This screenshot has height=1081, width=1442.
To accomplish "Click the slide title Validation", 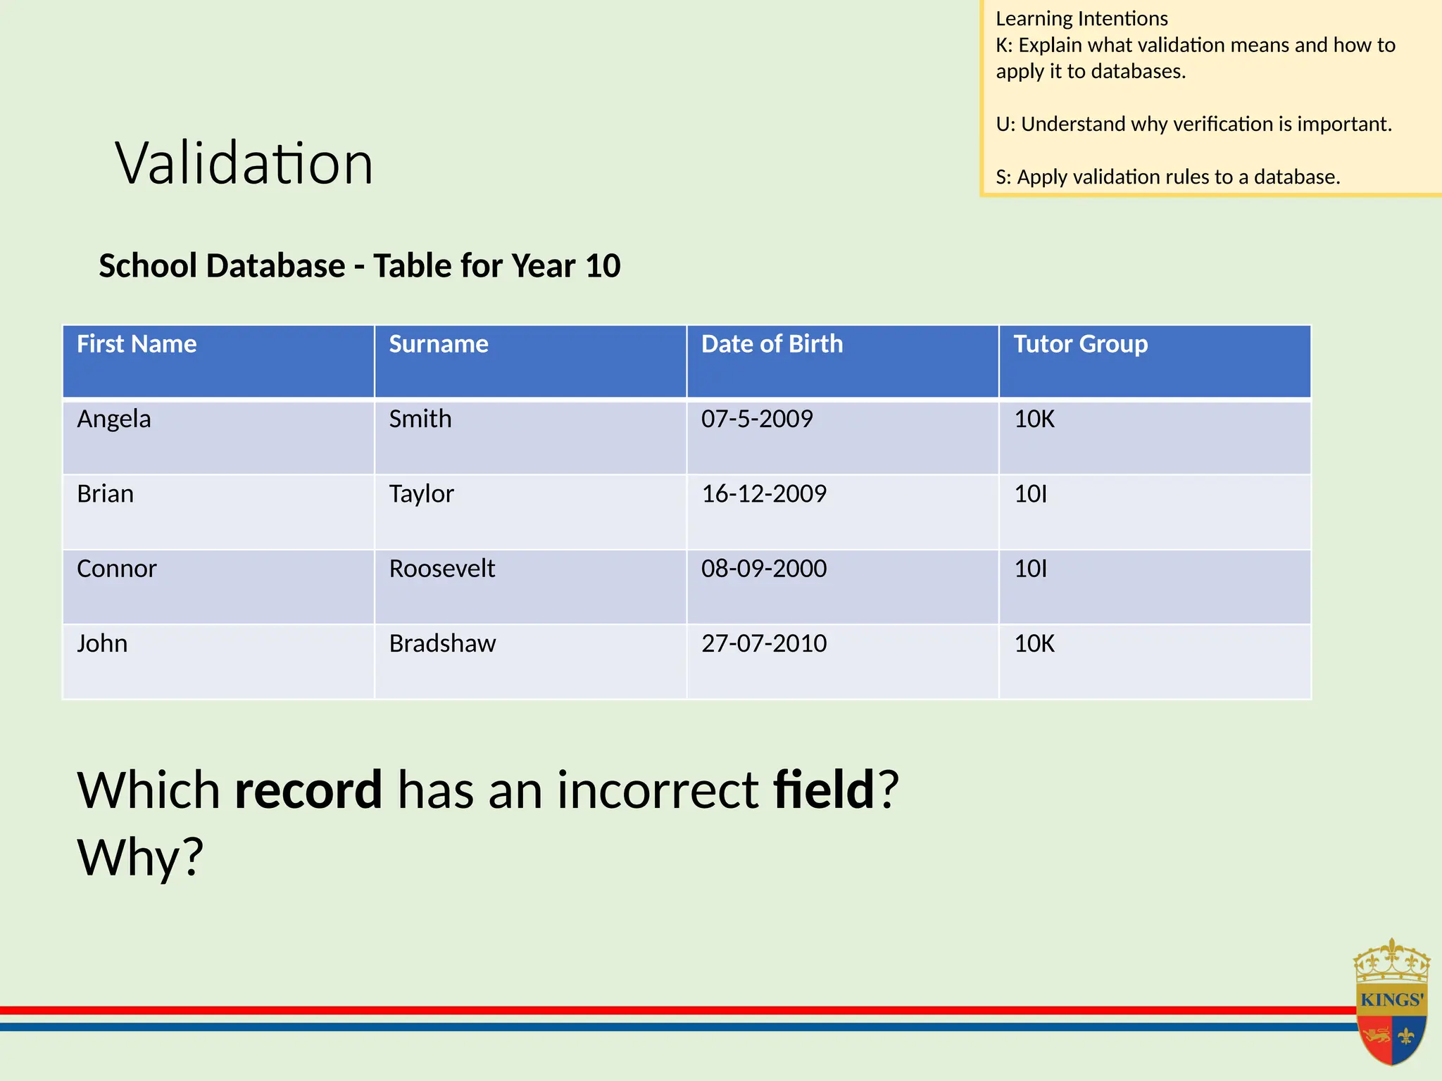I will [244, 163].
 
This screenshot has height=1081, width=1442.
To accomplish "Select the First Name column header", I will [137, 344].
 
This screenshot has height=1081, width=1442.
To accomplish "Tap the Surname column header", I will [438, 344].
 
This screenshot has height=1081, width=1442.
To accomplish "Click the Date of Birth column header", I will [772, 344].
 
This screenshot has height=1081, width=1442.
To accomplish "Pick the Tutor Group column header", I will [1080, 344].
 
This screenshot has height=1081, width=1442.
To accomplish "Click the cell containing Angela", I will [114, 419].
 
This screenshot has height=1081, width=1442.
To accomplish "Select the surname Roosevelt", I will [442, 569].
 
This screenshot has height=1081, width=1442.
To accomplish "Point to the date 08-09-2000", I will [764, 569].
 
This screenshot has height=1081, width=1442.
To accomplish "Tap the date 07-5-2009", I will [757, 419].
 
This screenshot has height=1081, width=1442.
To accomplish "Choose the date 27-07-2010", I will [764, 644].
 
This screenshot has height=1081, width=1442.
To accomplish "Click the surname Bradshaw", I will [442, 644].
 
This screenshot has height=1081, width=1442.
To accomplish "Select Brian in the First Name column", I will [106, 494].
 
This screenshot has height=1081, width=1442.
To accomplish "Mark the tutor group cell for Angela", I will [1034, 419].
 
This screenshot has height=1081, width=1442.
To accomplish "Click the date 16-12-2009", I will [764, 494].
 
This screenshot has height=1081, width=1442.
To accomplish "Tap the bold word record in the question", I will [308, 790].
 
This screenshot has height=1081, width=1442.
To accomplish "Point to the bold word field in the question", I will [823, 790].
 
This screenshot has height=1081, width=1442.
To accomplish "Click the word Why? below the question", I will [140, 857].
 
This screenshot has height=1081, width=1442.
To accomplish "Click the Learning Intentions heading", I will [1081, 19].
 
